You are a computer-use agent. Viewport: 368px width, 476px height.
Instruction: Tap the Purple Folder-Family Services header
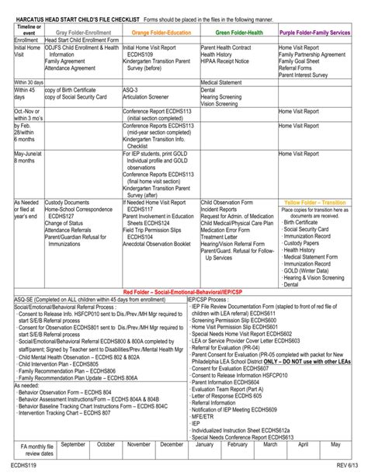point(318,33)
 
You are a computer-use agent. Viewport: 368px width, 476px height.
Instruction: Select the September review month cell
point(73,445)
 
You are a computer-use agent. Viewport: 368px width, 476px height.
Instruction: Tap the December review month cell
point(172,445)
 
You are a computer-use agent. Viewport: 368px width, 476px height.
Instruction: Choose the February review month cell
point(238,445)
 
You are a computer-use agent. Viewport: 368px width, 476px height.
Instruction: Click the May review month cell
point(335,445)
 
